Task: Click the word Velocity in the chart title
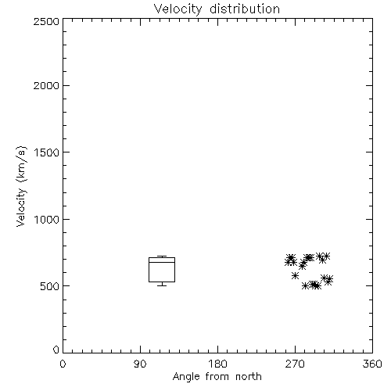[178, 9]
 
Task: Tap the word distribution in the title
[245, 9]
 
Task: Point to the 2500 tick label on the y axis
[46, 21]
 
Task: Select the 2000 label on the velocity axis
[46, 86]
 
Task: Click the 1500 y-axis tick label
[47, 152]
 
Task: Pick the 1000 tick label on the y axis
[47, 220]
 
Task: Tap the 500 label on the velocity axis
[50, 286]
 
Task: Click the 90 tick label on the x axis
[140, 364]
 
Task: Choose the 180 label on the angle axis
[217, 364]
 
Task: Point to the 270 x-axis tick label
[295, 364]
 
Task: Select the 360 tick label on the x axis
[372, 364]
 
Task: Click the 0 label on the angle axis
[63, 364]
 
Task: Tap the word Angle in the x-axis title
[186, 377]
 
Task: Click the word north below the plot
[249, 376]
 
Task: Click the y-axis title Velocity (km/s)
[21, 186]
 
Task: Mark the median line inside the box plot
[162, 262]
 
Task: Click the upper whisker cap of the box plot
[162, 256]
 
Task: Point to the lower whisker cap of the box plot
[162, 285]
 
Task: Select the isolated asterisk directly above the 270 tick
[295, 275]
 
